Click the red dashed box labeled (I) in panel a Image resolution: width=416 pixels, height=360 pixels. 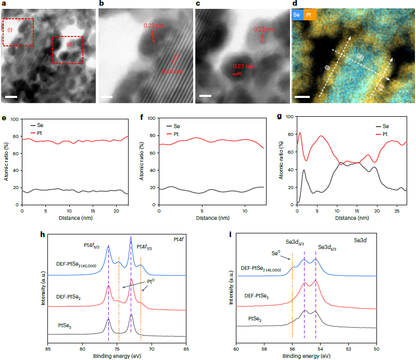[18, 32]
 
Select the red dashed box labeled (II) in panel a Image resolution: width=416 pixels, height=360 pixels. [68, 50]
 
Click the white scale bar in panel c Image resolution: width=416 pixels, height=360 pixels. [205, 96]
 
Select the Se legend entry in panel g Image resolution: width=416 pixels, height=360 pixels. [383, 126]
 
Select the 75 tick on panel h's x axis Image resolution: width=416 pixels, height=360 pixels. [117, 344]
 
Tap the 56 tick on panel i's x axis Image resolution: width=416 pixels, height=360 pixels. [292, 344]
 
